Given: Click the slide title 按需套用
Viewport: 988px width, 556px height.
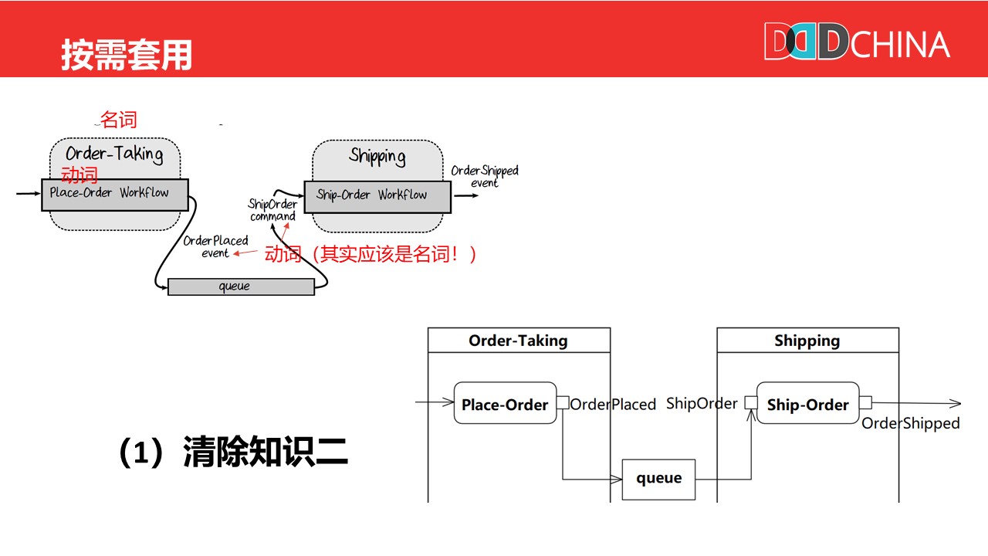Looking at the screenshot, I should click(127, 55).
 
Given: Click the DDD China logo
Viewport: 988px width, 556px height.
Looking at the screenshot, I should click(857, 42).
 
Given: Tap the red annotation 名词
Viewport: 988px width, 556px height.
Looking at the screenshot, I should click(119, 120).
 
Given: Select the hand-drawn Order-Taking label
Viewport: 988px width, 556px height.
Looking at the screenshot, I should click(114, 153).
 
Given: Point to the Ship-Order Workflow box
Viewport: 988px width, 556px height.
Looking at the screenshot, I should click(377, 196).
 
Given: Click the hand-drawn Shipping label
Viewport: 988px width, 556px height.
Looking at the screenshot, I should click(377, 157).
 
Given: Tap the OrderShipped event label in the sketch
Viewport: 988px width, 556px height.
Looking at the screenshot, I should click(485, 176).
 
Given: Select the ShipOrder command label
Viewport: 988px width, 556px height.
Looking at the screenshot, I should click(272, 210).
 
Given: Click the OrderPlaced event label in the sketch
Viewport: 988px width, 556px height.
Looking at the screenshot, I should click(215, 246).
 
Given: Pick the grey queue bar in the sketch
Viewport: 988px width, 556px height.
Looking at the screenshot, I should click(241, 286).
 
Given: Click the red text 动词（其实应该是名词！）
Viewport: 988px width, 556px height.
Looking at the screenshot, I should click(371, 253).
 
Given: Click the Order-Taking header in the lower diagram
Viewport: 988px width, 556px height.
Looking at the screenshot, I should click(518, 341).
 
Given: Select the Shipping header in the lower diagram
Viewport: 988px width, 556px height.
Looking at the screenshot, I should click(807, 341).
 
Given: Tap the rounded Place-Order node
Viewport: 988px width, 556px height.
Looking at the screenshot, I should click(505, 403).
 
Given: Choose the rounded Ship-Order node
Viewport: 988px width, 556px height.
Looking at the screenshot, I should click(807, 403).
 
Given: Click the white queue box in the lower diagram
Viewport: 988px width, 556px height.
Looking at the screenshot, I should click(658, 479).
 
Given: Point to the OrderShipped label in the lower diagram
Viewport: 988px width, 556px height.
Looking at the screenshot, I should click(911, 423).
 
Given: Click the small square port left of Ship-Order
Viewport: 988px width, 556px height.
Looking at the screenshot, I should click(750, 403).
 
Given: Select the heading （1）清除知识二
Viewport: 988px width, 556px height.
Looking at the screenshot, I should click(233, 453).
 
